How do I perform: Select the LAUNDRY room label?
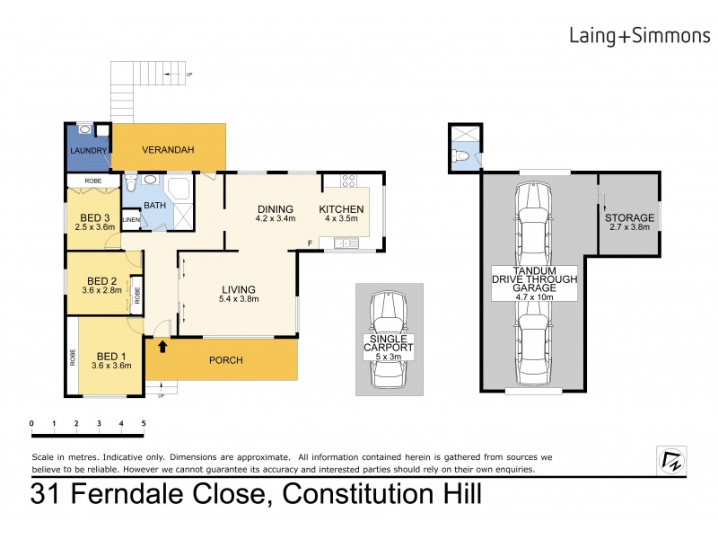89,151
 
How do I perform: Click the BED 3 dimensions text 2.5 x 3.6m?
94,227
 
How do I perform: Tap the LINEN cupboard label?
131,219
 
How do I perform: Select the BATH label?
155,206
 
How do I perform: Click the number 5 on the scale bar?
143,422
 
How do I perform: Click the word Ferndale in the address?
166,493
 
